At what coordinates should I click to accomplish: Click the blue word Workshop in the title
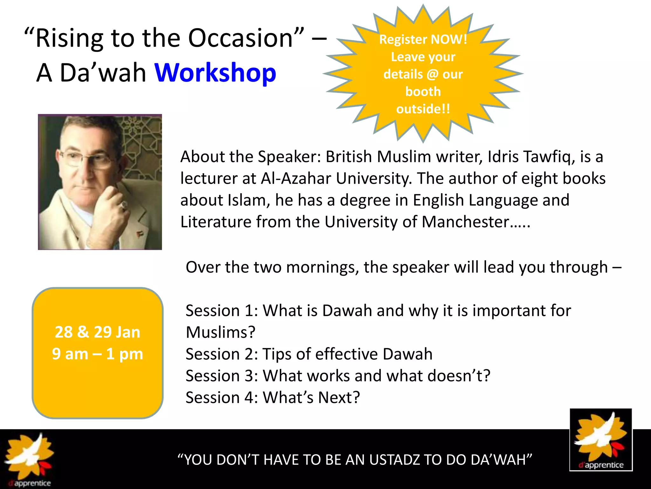tap(215, 73)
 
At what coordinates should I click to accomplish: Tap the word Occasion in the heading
tap(240, 38)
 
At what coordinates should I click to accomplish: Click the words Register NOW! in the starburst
tap(423, 39)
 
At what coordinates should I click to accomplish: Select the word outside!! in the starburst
tap(423, 109)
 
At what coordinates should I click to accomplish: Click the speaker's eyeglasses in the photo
tap(86, 159)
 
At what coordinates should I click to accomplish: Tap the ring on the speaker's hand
tap(124, 205)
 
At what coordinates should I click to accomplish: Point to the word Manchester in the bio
tap(465, 222)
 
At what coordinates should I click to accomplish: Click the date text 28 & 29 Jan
tap(98, 332)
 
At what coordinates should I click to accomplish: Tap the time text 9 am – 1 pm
tap(98, 354)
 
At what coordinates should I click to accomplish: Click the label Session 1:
tap(222, 311)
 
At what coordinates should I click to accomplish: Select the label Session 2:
tap(222, 354)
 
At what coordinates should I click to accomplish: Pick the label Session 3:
tap(222, 376)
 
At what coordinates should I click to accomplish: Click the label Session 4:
tap(222, 398)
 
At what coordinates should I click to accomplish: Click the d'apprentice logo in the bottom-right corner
tap(601, 440)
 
